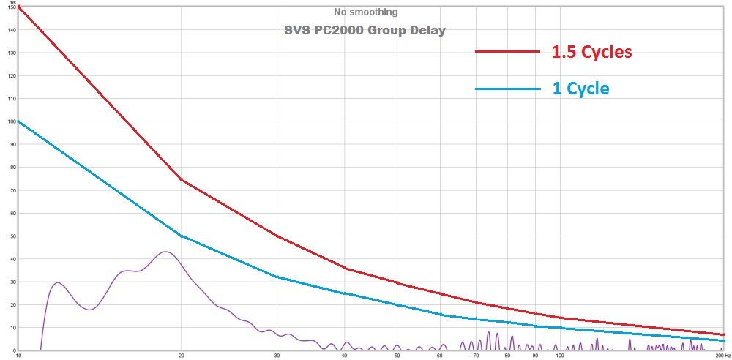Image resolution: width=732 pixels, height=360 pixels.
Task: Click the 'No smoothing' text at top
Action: click(365, 12)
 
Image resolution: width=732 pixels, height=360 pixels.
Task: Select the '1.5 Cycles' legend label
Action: click(591, 53)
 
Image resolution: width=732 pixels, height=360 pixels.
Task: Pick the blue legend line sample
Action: click(507, 89)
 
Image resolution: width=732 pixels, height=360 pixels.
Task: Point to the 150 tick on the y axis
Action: click(11, 7)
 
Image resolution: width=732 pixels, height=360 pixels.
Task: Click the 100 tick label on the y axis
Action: click(11, 121)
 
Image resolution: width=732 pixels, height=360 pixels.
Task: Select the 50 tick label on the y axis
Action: click(11, 236)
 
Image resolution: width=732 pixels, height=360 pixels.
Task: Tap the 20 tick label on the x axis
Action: click(181, 356)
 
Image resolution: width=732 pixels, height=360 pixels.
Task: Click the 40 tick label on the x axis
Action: click(344, 356)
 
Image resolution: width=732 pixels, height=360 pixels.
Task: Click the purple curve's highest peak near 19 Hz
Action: click(165, 252)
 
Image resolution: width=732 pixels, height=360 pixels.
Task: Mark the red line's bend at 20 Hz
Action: click(181, 179)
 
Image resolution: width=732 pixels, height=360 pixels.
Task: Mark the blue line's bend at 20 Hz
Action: click(181, 236)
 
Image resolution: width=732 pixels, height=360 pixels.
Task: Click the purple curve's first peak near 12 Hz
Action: click(58, 282)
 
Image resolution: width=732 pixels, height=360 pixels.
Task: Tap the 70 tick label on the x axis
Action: click(477, 356)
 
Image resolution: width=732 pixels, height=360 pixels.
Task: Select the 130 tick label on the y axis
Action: click(11, 53)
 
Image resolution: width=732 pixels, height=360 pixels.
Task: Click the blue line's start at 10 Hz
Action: click(18, 121)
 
